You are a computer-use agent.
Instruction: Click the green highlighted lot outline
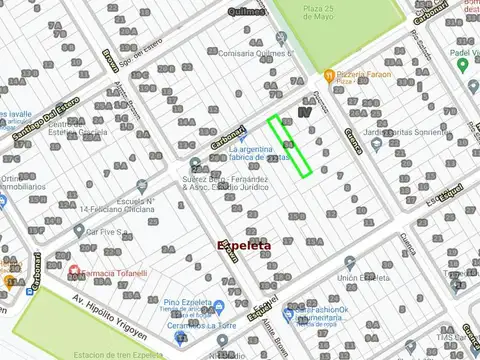(290, 146)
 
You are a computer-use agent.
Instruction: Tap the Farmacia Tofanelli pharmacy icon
(73, 270)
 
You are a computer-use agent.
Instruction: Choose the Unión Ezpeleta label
(362, 277)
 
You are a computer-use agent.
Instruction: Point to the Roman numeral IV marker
(305, 113)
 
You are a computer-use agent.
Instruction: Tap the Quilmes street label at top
(245, 12)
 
